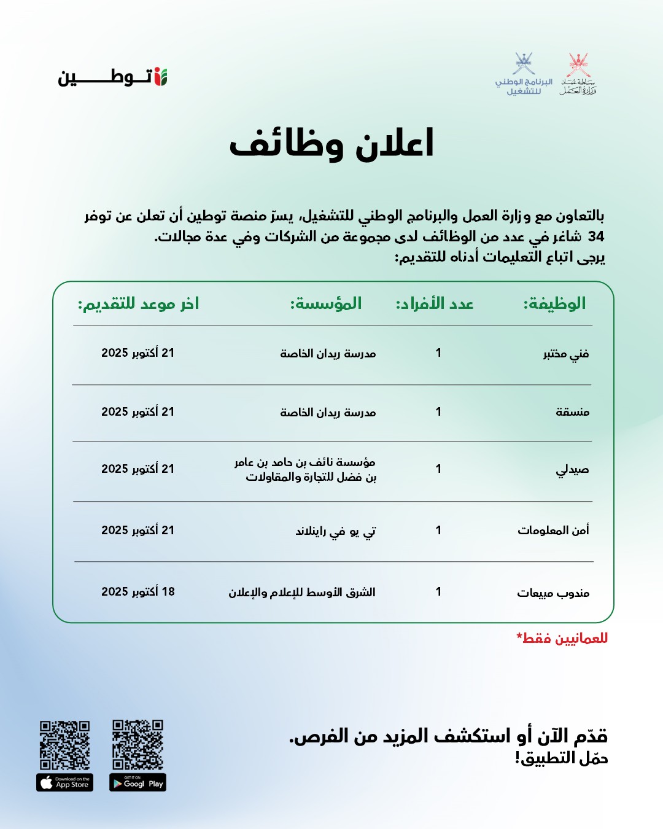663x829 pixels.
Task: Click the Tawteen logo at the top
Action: click(x=113, y=77)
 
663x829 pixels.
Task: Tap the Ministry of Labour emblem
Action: click(x=578, y=74)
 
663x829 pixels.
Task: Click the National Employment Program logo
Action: click(x=524, y=74)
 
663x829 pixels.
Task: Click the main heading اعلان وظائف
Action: click(x=331, y=144)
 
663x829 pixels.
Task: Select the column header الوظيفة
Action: click(x=554, y=303)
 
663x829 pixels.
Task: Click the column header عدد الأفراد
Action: click(x=435, y=303)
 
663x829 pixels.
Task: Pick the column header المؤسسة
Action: click(x=326, y=303)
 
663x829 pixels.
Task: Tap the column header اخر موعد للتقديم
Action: click(x=138, y=303)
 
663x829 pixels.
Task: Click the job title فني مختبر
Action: click(x=566, y=354)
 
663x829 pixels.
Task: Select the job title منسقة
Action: click(x=572, y=412)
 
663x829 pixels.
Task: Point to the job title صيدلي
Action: click(x=572, y=470)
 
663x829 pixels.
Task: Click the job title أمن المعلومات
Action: click(x=553, y=530)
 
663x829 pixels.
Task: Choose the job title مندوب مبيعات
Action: click(x=553, y=593)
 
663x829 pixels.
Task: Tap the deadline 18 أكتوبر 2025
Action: click(x=138, y=591)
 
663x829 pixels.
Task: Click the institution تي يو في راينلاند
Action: click(x=336, y=531)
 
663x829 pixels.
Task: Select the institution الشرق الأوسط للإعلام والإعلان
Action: click(x=302, y=592)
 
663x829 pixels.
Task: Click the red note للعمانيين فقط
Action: click(x=562, y=638)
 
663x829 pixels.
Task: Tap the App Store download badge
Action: click(x=65, y=782)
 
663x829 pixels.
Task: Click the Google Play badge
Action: click(x=138, y=782)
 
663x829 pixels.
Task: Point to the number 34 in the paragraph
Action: click(x=596, y=236)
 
